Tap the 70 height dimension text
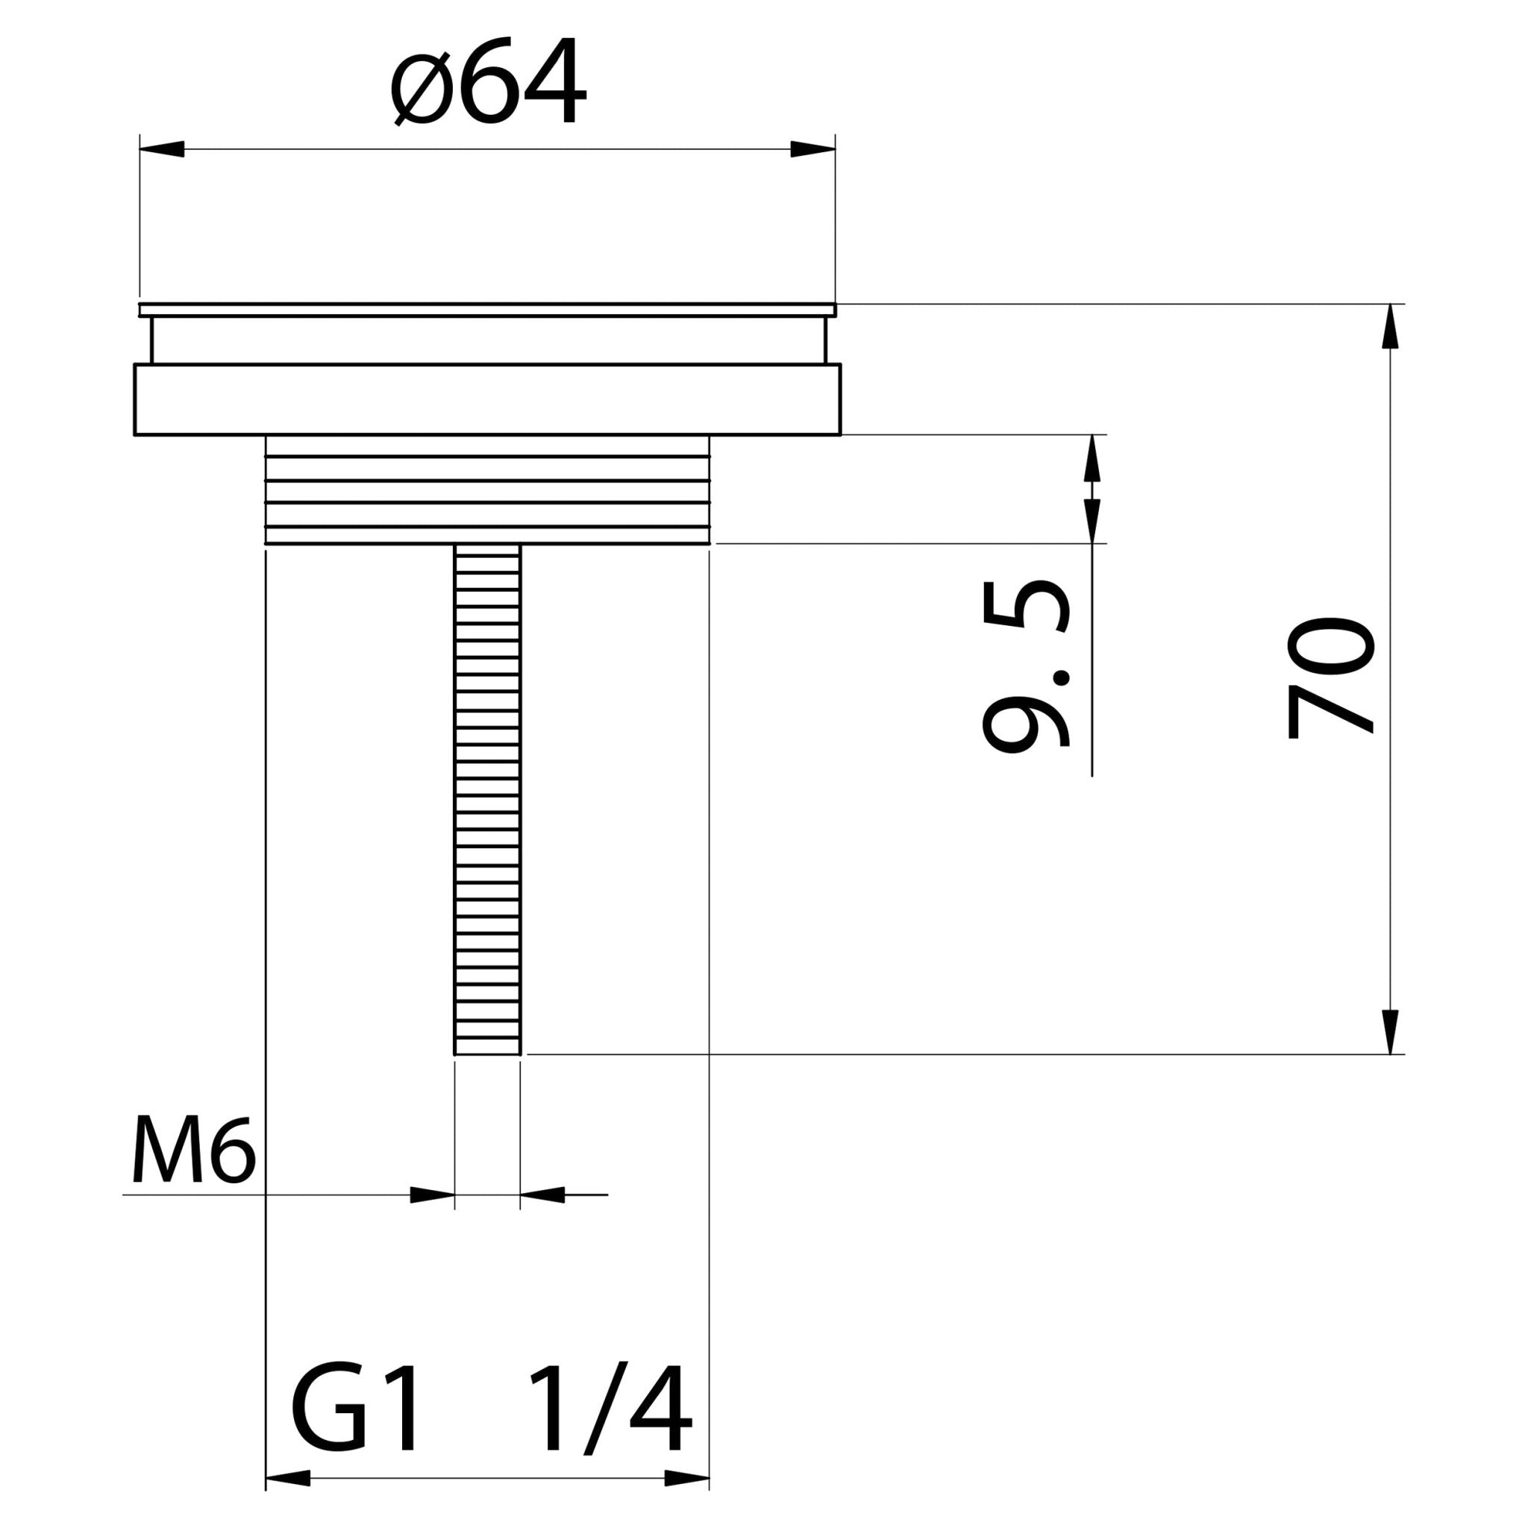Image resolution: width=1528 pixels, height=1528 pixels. pos(1329,677)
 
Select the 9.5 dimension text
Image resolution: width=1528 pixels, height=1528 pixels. pos(1027,666)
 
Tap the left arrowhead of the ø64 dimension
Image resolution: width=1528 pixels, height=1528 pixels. pos(161,148)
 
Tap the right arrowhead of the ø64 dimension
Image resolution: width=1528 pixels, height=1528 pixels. pos(813,148)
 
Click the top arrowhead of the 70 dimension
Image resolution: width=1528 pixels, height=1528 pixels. pos(1389,326)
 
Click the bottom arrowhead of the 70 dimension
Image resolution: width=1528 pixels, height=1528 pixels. pos(1389,1033)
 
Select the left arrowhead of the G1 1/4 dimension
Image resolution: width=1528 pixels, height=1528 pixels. pos(287,1478)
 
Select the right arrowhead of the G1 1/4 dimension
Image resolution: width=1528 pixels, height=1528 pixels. pos(687,1478)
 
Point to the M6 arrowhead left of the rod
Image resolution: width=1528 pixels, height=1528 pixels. pos(433,1195)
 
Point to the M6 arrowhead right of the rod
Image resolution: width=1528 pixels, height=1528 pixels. pos(542,1195)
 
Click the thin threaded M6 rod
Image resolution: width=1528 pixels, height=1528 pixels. pos(487,791)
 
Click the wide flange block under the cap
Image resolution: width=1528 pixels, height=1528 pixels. pos(487,399)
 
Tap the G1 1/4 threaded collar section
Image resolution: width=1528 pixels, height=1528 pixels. pos(487,490)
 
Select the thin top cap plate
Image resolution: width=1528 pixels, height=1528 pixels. pos(487,309)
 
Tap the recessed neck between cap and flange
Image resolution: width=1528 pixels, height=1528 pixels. pos(487,340)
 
